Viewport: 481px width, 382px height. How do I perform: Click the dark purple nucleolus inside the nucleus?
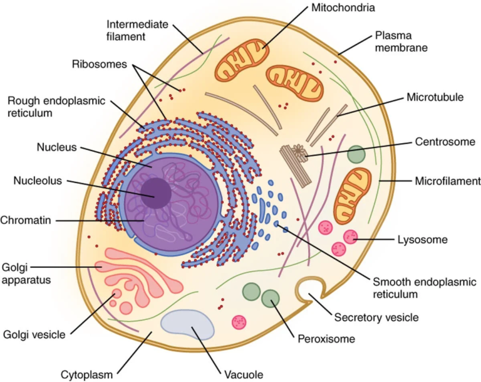155,193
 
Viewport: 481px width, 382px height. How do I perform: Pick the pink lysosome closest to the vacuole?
240,322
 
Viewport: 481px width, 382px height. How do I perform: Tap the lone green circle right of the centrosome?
356,154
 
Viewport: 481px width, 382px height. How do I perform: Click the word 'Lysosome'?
422,239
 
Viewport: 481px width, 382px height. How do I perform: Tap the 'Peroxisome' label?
326,339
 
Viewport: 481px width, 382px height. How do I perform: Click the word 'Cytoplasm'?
86,375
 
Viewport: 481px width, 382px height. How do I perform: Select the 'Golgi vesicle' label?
34,334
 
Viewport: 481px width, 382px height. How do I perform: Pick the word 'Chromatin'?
26,220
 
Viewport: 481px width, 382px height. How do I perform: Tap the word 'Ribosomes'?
99,64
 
